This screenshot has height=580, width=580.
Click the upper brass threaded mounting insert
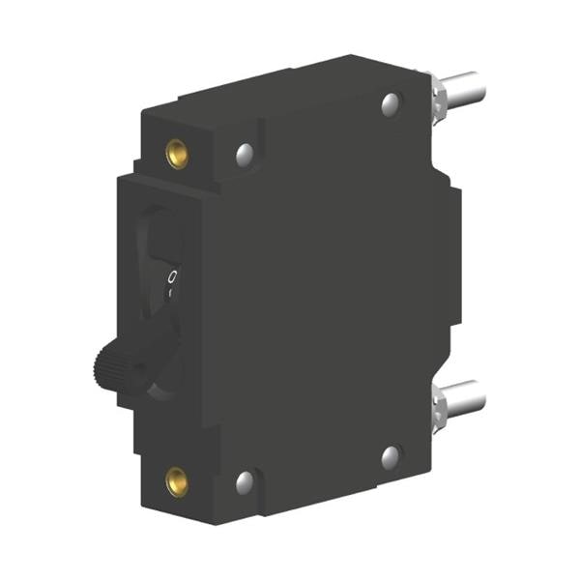(177, 152)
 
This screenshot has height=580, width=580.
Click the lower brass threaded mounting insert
(177, 480)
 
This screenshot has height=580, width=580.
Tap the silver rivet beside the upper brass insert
(245, 152)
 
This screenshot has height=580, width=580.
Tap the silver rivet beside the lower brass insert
(245, 480)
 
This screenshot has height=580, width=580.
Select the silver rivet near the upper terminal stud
(391, 102)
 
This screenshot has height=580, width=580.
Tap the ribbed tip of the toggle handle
(108, 363)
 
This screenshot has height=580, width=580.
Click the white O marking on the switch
(171, 277)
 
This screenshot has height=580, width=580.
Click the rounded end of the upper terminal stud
(479, 86)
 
